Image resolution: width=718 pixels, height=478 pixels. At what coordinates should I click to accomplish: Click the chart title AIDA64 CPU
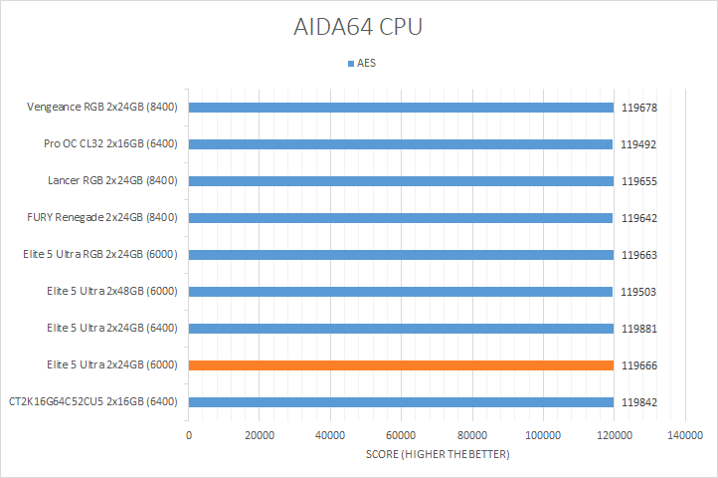[358, 27]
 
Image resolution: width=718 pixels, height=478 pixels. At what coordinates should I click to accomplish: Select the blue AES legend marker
[350, 64]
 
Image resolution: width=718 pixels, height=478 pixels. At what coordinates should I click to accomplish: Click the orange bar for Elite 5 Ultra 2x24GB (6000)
[401, 365]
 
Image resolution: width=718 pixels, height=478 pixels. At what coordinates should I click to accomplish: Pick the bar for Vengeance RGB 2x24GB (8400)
[401, 108]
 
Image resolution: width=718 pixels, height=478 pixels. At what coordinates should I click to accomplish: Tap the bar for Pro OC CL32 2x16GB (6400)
[400, 144]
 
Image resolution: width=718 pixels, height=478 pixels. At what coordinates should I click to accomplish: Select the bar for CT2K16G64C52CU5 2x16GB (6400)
[401, 402]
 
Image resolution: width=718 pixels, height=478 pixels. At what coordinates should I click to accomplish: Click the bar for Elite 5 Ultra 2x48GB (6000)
[400, 292]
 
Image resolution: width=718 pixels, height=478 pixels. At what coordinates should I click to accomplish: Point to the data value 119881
[639, 329]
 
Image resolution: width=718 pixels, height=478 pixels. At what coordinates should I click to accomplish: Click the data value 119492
[639, 144]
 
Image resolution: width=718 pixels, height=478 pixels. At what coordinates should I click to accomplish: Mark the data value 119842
[639, 402]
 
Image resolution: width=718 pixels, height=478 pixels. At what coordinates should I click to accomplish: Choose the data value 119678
[639, 108]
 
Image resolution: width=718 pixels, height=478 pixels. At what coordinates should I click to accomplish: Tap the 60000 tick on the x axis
[401, 436]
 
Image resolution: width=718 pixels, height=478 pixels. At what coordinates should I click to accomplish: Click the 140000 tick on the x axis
[684, 436]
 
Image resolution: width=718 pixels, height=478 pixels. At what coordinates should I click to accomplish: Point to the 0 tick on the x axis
[189, 436]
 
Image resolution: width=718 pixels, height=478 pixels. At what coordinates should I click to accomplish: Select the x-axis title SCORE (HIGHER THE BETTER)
[437, 455]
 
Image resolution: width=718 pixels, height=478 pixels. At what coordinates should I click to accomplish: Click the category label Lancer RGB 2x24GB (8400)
[112, 181]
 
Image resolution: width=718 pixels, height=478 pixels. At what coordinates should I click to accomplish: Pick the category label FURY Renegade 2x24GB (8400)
[102, 218]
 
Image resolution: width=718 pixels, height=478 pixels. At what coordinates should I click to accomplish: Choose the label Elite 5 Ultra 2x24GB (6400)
[111, 329]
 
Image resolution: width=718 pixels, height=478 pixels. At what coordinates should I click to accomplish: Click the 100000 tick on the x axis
[542, 436]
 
